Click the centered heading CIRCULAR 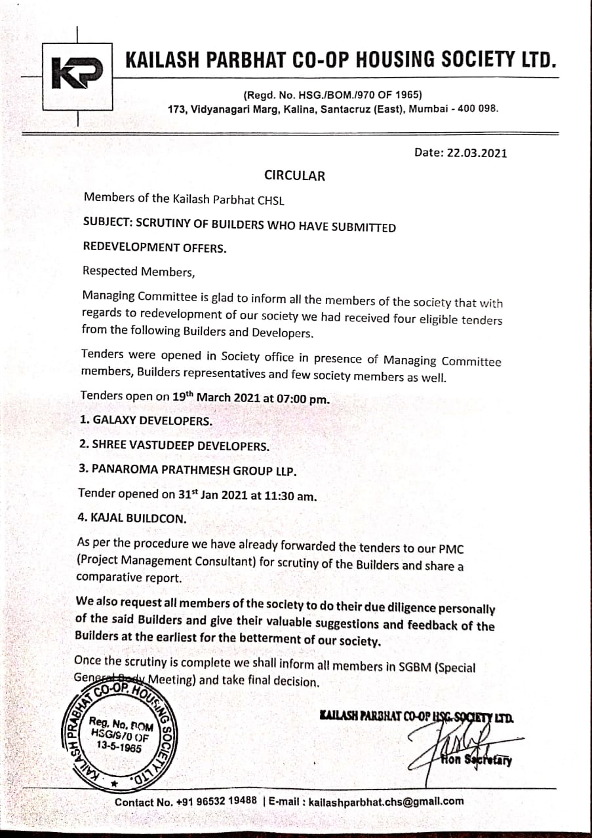coord(294,175)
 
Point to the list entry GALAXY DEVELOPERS coord(146,421)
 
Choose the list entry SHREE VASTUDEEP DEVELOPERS coord(174,446)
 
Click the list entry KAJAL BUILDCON coord(132,519)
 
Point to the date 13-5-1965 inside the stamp coord(119,746)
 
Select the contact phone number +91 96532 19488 coord(216,801)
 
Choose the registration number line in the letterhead coord(332,94)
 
